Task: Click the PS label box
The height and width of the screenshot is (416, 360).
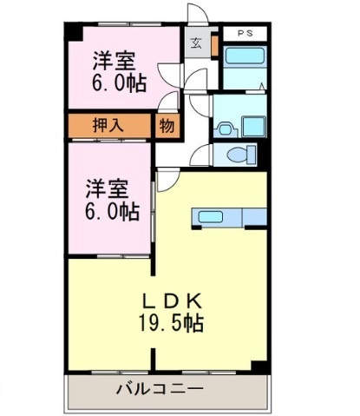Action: (x=245, y=33)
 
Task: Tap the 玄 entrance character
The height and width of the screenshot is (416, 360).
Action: (x=196, y=43)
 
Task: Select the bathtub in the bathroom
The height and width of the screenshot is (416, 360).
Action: (x=245, y=56)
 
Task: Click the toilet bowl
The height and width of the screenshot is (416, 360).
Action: (x=238, y=155)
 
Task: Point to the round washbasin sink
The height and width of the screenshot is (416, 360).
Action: (x=225, y=129)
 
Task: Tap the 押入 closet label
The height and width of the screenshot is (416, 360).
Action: (x=108, y=126)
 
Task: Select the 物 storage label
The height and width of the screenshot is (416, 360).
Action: (x=167, y=126)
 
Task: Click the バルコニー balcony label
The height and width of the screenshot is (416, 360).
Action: (x=160, y=388)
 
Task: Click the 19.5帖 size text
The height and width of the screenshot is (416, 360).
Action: (x=171, y=323)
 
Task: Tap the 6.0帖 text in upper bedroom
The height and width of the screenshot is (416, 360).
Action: (x=119, y=83)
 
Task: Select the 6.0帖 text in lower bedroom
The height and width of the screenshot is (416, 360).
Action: (x=112, y=212)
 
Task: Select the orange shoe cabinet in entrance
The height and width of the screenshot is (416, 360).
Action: (x=215, y=45)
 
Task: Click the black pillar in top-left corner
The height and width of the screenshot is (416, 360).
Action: (x=74, y=32)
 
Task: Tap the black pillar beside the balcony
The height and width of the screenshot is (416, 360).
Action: (x=259, y=366)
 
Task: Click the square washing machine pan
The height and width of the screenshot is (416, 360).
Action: (x=253, y=127)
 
